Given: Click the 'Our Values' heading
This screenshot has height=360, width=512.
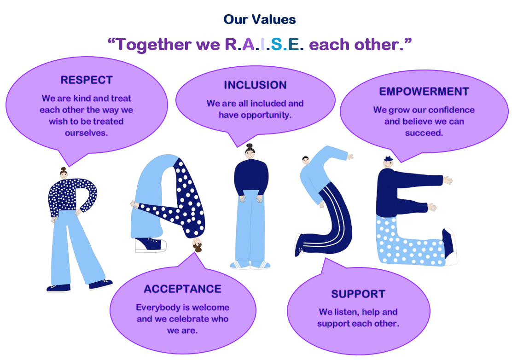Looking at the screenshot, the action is pos(260,19).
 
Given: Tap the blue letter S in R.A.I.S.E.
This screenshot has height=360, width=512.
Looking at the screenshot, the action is pos(276,44).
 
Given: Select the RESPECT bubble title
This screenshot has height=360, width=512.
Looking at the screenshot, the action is pos(87,80).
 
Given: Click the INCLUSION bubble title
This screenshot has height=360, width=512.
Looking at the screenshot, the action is pos(256,85).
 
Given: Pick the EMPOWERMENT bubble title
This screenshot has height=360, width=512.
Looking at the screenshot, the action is pos(424,92).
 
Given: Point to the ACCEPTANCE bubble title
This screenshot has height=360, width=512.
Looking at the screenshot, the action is pos(183,289).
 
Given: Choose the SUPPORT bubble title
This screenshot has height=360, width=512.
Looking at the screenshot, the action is pos(358,294).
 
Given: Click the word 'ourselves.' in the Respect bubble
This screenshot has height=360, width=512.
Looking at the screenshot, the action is pos(86,133).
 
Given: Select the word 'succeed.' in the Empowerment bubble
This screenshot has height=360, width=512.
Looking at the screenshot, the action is pos(424,133).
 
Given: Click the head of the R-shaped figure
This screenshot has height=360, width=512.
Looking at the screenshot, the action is pos(64,173).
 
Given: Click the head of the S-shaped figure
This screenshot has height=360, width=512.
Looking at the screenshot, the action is pos(306,160).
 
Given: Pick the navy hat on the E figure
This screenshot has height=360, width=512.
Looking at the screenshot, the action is pos(388,159).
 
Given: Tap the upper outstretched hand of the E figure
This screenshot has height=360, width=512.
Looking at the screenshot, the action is pos(448,180).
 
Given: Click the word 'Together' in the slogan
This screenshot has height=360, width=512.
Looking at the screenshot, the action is pos(154,45).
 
